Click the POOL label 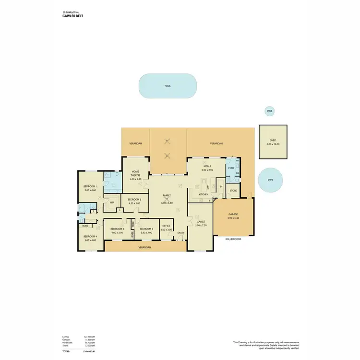(167, 86)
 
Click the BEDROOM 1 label (91, 187)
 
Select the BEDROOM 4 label (90, 236)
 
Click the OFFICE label (166, 226)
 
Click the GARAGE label (233, 215)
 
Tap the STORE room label (233, 191)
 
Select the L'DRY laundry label (231, 168)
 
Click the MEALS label (207, 166)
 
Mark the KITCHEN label (204, 194)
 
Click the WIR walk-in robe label (112, 203)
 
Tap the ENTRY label (180, 233)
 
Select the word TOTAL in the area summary (66, 352)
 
